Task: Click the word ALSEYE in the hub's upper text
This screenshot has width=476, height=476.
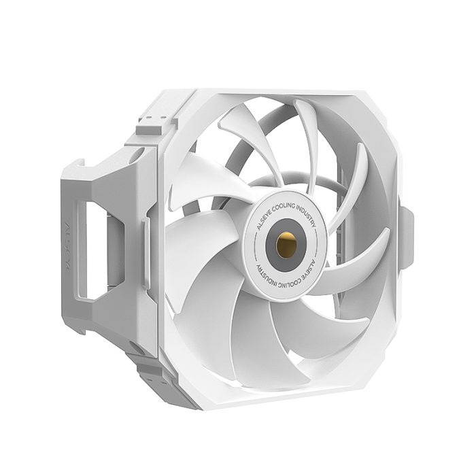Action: [262, 216]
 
